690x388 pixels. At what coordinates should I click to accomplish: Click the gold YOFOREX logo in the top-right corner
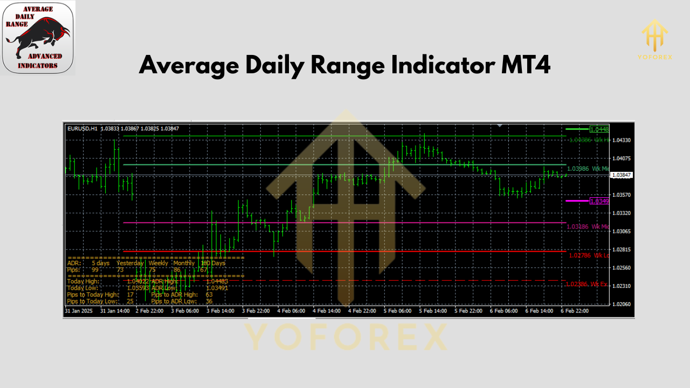pyautogui.click(x=655, y=39)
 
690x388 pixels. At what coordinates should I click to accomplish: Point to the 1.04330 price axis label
pyautogui.click(x=621, y=140)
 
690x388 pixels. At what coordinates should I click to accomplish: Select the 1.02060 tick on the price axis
pyautogui.click(x=621, y=304)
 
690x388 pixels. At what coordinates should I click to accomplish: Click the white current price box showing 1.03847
pyautogui.click(x=621, y=175)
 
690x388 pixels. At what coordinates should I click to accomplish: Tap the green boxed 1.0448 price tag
pyautogui.click(x=599, y=129)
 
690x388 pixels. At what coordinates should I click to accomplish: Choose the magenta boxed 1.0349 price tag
pyautogui.click(x=599, y=201)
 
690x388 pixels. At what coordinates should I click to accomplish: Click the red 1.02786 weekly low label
pyautogui.click(x=580, y=255)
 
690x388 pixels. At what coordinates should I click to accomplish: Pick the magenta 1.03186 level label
pyautogui.click(x=579, y=227)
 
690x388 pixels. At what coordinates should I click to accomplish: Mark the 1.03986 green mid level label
pyautogui.click(x=579, y=169)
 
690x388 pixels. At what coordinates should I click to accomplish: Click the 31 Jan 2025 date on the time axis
pyautogui.click(x=79, y=311)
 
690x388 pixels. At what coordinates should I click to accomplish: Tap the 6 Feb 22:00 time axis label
pyautogui.click(x=574, y=311)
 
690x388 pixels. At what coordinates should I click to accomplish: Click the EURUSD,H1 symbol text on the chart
pyautogui.click(x=82, y=128)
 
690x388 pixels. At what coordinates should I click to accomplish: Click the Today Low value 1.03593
pyautogui.click(x=138, y=288)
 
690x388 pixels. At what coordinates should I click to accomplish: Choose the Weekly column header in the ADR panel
pyautogui.click(x=158, y=263)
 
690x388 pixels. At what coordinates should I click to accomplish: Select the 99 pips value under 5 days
pyautogui.click(x=95, y=269)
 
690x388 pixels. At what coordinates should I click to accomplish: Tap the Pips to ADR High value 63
pyautogui.click(x=209, y=295)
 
